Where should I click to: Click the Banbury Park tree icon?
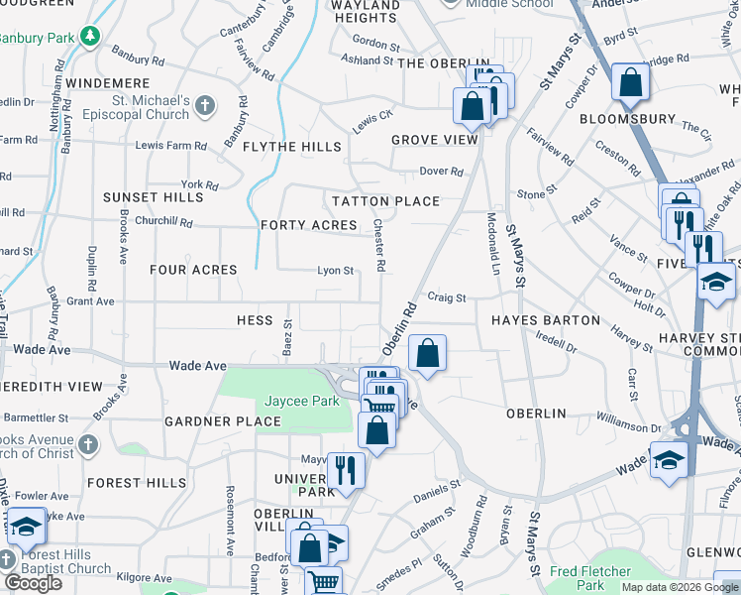coord(91,37)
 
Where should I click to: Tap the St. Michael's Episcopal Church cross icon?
coord(205,105)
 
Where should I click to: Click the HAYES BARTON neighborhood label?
coord(546,320)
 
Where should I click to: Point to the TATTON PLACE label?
coord(385,201)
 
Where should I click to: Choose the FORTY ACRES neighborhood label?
coord(308,225)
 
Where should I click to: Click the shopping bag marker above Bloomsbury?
coord(630,84)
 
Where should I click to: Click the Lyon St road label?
coord(335,271)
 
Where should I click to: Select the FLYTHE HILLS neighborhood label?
coord(292,147)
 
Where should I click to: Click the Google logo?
coord(32,583)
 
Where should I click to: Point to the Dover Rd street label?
coord(441,172)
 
